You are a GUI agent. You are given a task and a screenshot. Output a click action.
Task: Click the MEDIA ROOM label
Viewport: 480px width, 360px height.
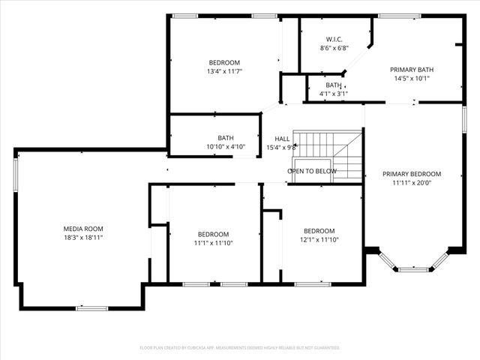[83, 228]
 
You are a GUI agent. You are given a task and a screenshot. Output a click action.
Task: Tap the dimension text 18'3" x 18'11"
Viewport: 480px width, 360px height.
[83, 237]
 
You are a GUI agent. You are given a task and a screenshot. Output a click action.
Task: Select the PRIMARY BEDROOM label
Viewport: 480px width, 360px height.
[412, 174]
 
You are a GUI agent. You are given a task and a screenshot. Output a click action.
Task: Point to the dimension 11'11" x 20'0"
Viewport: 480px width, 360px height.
[412, 182]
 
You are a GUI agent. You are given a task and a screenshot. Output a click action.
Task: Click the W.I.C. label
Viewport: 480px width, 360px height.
[334, 39]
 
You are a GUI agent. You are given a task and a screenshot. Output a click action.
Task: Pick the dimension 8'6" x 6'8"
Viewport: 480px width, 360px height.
[334, 48]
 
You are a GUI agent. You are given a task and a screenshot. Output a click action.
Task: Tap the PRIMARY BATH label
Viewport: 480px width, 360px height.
[412, 70]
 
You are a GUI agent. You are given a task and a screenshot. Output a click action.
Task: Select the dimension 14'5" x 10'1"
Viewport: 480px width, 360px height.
[412, 79]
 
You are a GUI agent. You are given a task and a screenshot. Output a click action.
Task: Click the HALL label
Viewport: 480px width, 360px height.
[282, 139]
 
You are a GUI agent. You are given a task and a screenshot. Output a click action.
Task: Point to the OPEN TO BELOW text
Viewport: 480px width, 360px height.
[312, 171]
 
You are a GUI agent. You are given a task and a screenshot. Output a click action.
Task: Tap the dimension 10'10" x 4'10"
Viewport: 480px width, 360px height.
[226, 146]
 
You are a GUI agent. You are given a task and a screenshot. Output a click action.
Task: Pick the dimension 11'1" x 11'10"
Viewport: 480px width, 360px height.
[213, 242]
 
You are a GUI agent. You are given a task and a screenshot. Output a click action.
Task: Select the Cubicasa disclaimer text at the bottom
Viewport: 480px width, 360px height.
[240, 348]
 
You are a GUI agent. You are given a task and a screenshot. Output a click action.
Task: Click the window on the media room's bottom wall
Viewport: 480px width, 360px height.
[91, 307]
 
